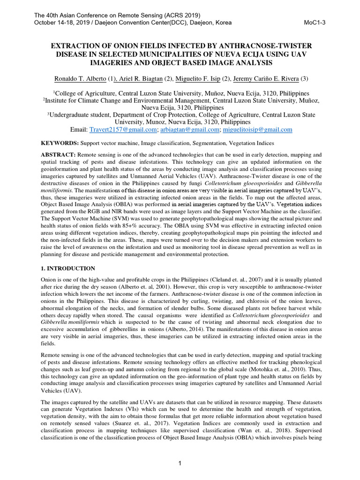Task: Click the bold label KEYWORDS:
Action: [60, 143]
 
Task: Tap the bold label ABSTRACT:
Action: [58, 155]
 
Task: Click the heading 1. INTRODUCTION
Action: [68, 269]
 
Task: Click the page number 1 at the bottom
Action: [180, 464]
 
